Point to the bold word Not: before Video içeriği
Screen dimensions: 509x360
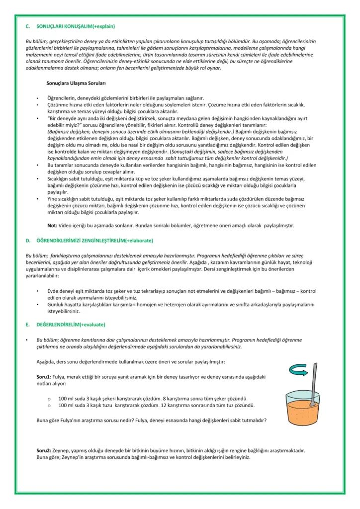pos(52,225)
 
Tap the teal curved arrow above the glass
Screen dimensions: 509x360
pos(299,368)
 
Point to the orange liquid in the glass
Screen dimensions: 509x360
pos(308,412)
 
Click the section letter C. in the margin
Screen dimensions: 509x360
pos(28,25)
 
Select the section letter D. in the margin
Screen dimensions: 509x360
pos(28,241)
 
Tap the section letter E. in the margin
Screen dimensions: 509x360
pos(28,324)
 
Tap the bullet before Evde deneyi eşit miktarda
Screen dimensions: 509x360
pos(38,290)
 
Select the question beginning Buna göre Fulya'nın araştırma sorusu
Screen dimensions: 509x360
pos(151,420)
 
